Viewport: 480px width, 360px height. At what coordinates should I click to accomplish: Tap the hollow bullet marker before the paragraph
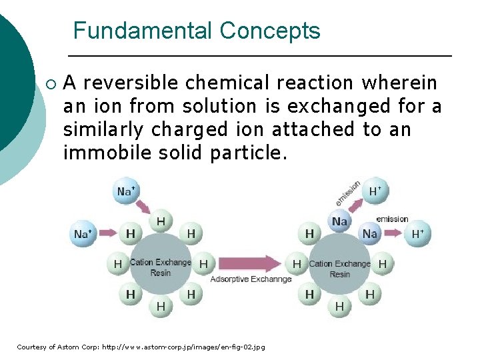(52, 85)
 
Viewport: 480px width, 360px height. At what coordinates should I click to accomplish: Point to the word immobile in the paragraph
(101, 153)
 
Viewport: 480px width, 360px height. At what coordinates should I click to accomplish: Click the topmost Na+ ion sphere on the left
(126, 191)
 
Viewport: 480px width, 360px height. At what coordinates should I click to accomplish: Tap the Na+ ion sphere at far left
(83, 234)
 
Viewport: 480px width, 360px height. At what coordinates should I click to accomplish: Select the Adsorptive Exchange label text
(251, 279)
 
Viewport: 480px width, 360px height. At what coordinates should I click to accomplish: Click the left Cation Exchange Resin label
(161, 267)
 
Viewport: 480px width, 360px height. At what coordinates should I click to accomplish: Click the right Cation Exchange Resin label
(339, 268)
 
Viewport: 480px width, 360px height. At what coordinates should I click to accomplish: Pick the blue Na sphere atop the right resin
(340, 221)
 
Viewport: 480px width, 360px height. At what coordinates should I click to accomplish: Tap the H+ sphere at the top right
(375, 191)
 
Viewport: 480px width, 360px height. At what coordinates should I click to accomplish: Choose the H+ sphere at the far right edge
(418, 234)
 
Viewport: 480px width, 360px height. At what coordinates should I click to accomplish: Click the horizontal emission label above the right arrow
(392, 219)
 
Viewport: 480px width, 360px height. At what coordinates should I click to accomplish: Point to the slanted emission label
(348, 193)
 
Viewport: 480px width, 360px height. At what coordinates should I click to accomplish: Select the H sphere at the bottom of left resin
(161, 307)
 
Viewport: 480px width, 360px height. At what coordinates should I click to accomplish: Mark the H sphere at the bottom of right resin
(339, 307)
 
